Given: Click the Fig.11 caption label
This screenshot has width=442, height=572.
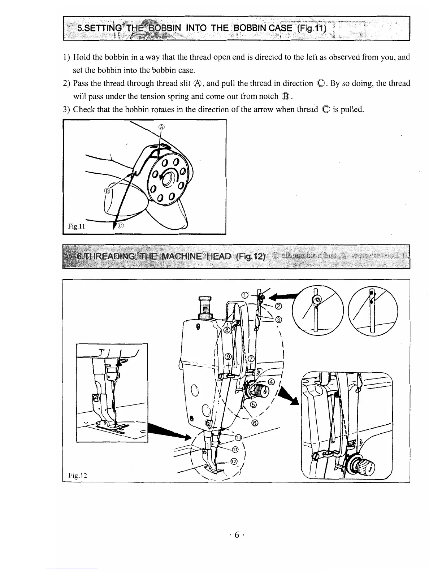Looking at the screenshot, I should (x=77, y=226).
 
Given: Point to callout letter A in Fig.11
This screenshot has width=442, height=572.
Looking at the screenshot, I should (x=162, y=127).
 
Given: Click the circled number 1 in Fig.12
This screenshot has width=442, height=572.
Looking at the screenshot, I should (x=244, y=295).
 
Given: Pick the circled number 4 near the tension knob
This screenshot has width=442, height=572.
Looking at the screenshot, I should (x=272, y=383).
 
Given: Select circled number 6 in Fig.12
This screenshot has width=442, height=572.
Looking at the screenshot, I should (x=255, y=423).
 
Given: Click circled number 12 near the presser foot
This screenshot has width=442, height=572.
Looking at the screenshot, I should (x=234, y=461).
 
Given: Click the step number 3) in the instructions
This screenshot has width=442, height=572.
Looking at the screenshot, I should (x=66, y=109).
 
